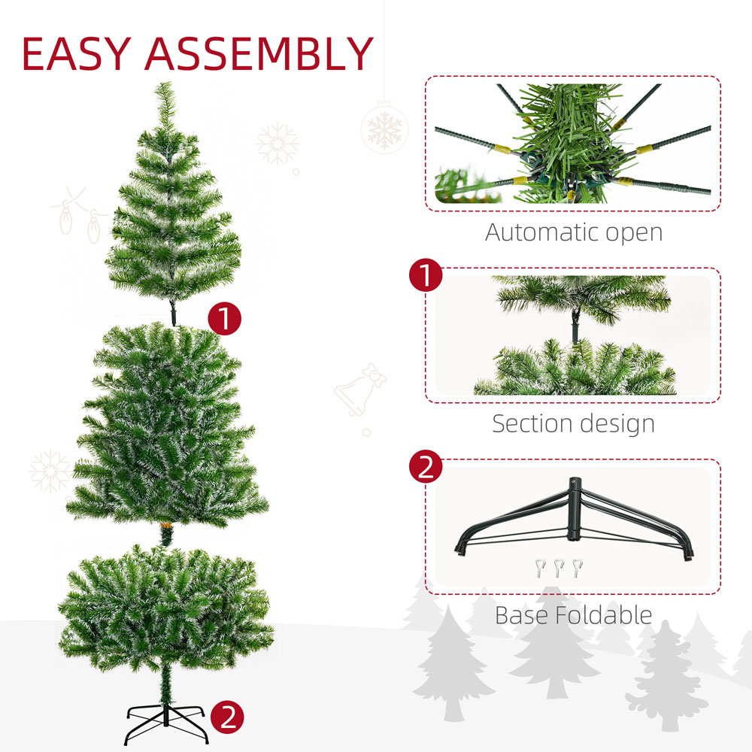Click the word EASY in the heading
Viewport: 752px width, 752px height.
coord(77,53)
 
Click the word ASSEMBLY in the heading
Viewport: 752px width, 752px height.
coord(258,53)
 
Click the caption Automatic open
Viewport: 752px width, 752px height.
coord(574,232)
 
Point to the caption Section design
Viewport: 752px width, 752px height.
coord(573,423)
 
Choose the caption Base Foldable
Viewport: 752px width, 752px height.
coord(573,615)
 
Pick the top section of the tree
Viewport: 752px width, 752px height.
coord(173,203)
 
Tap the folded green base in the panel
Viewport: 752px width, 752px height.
coord(575,519)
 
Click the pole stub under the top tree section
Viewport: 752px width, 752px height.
coord(174,312)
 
